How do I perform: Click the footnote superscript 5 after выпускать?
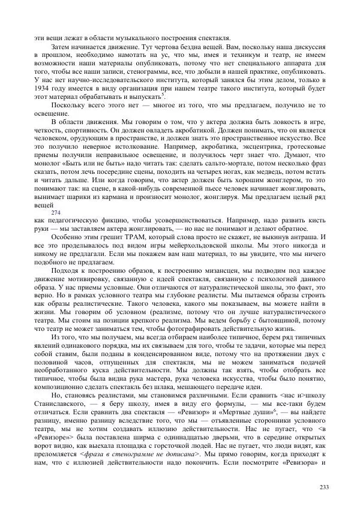(x=164, y=95)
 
